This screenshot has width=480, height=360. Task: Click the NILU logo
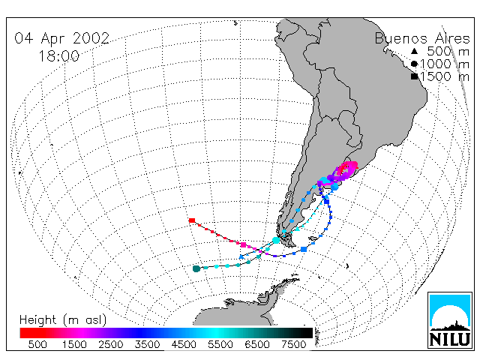(x=450, y=320)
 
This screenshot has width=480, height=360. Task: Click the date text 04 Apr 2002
(x=61, y=38)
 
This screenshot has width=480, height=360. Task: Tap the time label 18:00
(x=58, y=56)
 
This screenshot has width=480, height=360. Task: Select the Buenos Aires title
(x=422, y=39)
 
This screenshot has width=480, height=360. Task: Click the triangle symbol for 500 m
(x=414, y=51)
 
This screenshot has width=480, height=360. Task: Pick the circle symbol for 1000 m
(x=414, y=64)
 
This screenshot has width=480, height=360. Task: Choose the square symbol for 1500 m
(x=415, y=76)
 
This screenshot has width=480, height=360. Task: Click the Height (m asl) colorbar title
(x=63, y=320)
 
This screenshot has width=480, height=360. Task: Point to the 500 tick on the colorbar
(x=37, y=344)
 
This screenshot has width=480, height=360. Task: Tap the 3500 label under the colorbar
(x=147, y=344)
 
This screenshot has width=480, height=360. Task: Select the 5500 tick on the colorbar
(x=220, y=344)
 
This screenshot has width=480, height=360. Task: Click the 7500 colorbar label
(x=293, y=344)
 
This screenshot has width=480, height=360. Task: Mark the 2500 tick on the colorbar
(x=110, y=344)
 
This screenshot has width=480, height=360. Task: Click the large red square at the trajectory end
(x=192, y=220)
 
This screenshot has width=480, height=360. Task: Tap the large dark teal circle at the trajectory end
(x=196, y=268)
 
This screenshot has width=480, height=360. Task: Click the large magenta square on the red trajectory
(x=243, y=244)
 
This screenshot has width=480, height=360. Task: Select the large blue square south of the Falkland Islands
(x=304, y=249)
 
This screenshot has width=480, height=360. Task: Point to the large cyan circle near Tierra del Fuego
(x=276, y=240)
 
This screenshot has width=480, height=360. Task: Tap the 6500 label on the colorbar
(x=257, y=344)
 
